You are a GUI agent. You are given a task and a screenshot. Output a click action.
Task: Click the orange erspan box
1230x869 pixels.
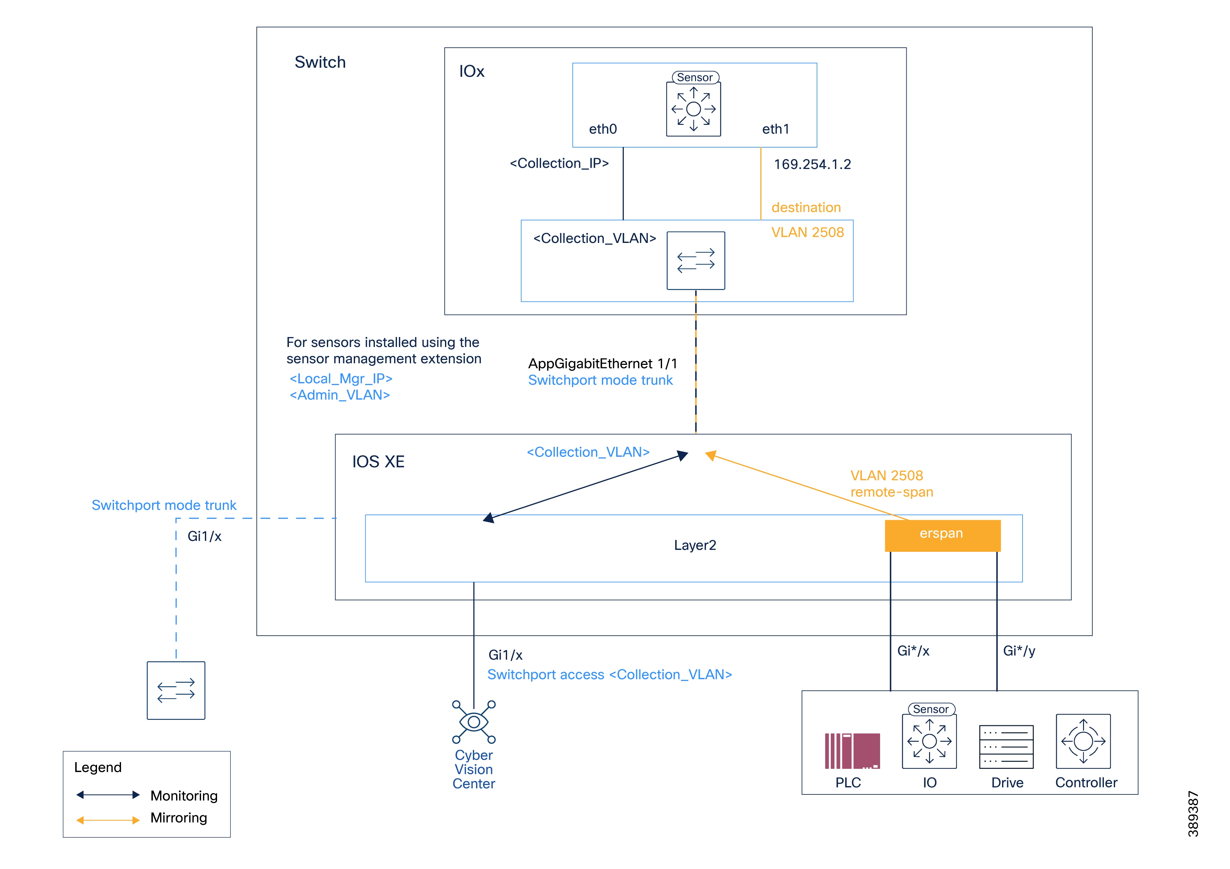942,535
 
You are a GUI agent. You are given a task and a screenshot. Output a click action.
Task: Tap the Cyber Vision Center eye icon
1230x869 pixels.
473,722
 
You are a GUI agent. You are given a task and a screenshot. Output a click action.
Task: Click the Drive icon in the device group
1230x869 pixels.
1006,747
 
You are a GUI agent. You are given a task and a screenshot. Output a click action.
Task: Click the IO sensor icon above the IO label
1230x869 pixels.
929,741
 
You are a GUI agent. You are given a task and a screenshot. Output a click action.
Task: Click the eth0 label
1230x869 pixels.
603,129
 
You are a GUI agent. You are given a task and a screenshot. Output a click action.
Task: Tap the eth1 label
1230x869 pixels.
775,129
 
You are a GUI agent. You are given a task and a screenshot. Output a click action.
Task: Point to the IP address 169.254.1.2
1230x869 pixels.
812,165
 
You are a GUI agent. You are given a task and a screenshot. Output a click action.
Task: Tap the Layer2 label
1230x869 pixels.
695,545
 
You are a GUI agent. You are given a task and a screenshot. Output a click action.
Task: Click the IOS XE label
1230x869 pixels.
378,462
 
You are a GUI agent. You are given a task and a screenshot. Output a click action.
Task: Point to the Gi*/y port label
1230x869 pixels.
1019,651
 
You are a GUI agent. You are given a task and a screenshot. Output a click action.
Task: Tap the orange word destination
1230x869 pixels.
806,208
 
